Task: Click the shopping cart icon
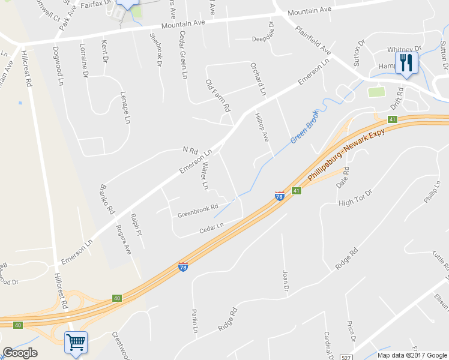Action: (x=76, y=343)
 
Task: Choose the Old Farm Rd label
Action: (x=218, y=96)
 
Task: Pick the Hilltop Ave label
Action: (x=262, y=127)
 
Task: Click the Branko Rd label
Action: (x=107, y=199)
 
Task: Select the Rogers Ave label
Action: (x=124, y=239)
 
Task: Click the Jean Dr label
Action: (x=286, y=281)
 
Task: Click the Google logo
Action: (x=20, y=353)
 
